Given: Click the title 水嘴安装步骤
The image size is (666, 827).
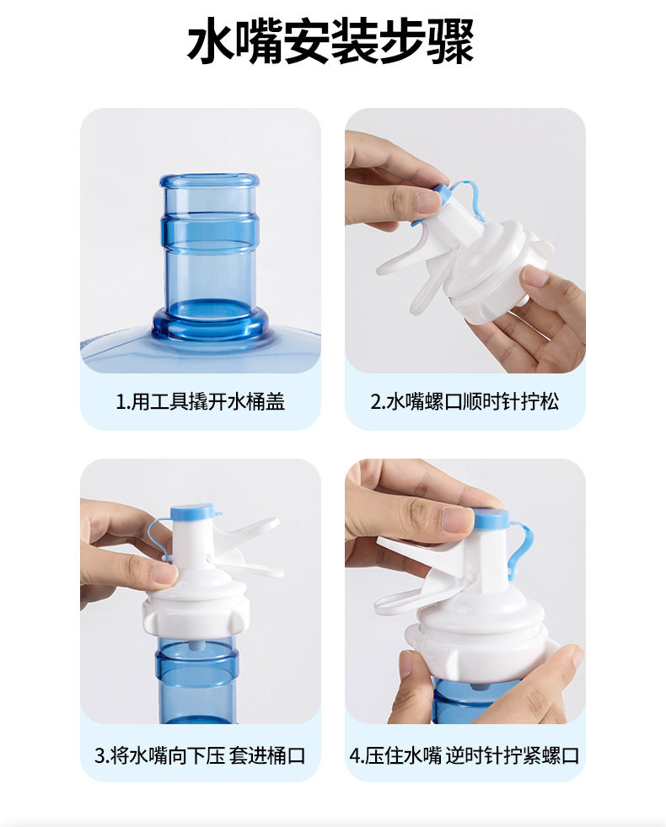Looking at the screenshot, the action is [330, 41].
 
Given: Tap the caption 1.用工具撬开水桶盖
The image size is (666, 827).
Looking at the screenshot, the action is [201, 401].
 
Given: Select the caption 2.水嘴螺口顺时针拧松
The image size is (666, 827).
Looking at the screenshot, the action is [465, 401].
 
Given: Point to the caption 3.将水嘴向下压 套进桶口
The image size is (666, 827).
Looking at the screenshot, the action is [200, 755].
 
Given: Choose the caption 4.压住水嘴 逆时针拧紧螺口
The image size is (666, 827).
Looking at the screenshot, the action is [465, 755].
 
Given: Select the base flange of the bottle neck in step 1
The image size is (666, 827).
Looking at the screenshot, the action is [209, 322].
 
